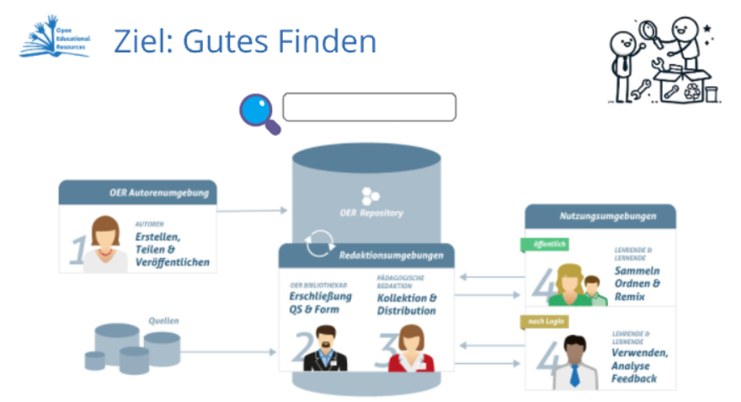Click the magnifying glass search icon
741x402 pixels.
[x=258, y=112]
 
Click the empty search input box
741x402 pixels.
[x=369, y=108]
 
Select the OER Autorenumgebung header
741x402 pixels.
[x=138, y=193]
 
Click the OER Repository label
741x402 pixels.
[x=370, y=213]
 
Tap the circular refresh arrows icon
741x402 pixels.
[x=320, y=243]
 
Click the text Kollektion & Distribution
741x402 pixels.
[x=407, y=304]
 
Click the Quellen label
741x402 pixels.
[x=164, y=320]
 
